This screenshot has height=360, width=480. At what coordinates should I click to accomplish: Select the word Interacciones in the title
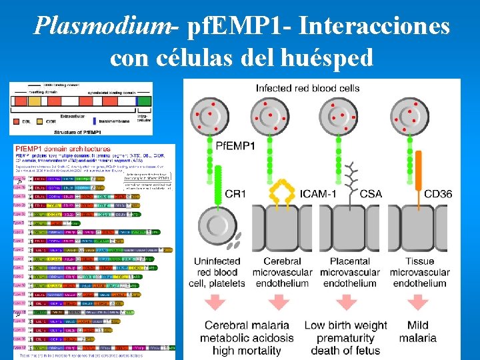pyautogui.click(x=375, y=26)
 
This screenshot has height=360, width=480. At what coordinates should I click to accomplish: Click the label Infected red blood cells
pyautogui.click(x=307, y=88)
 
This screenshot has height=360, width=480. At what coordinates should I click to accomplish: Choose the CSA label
pyautogui.click(x=371, y=194)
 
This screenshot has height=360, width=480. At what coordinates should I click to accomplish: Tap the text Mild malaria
pyautogui.click(x=418, y=331)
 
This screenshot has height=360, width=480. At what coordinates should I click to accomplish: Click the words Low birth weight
pyautogui.click(x=345, y=325)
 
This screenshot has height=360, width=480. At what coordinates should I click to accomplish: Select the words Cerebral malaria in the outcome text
pyautogui.click(x=247, y=325)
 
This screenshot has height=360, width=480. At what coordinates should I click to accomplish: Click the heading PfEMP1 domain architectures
pyautogui.click(x=63, y=148)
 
